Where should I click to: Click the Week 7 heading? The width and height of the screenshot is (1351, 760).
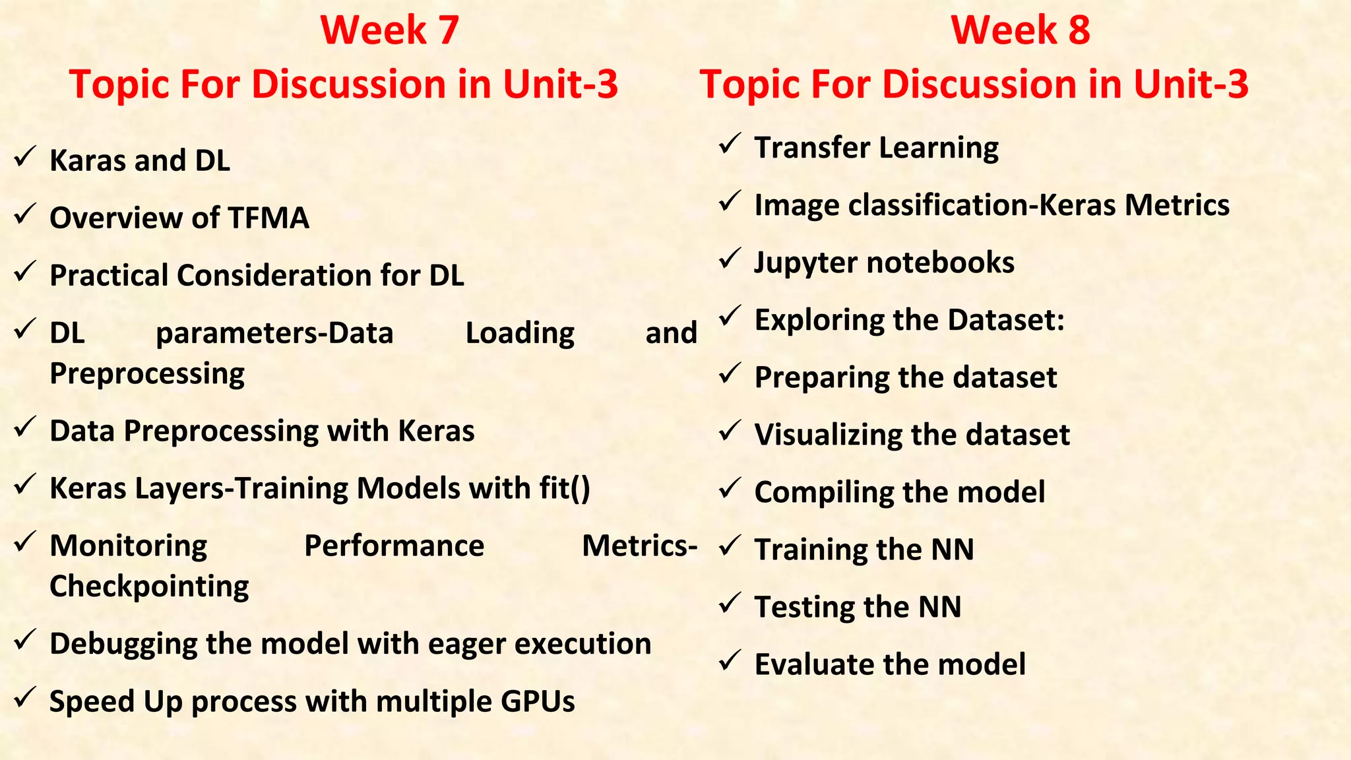[389, 30]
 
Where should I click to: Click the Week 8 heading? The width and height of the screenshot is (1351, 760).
[1020, 30]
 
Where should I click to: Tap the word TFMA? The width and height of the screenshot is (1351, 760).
[268, 218]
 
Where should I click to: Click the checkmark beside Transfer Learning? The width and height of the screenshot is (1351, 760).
[730, 144]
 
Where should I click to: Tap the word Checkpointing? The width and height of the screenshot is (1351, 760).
[149, 586]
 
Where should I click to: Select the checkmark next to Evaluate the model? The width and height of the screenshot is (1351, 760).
[730, 660]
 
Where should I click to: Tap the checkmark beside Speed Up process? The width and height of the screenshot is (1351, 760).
[25, 697]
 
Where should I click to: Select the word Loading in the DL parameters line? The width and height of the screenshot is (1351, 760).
[520, 333]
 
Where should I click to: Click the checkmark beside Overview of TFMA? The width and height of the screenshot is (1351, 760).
[25, 214]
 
